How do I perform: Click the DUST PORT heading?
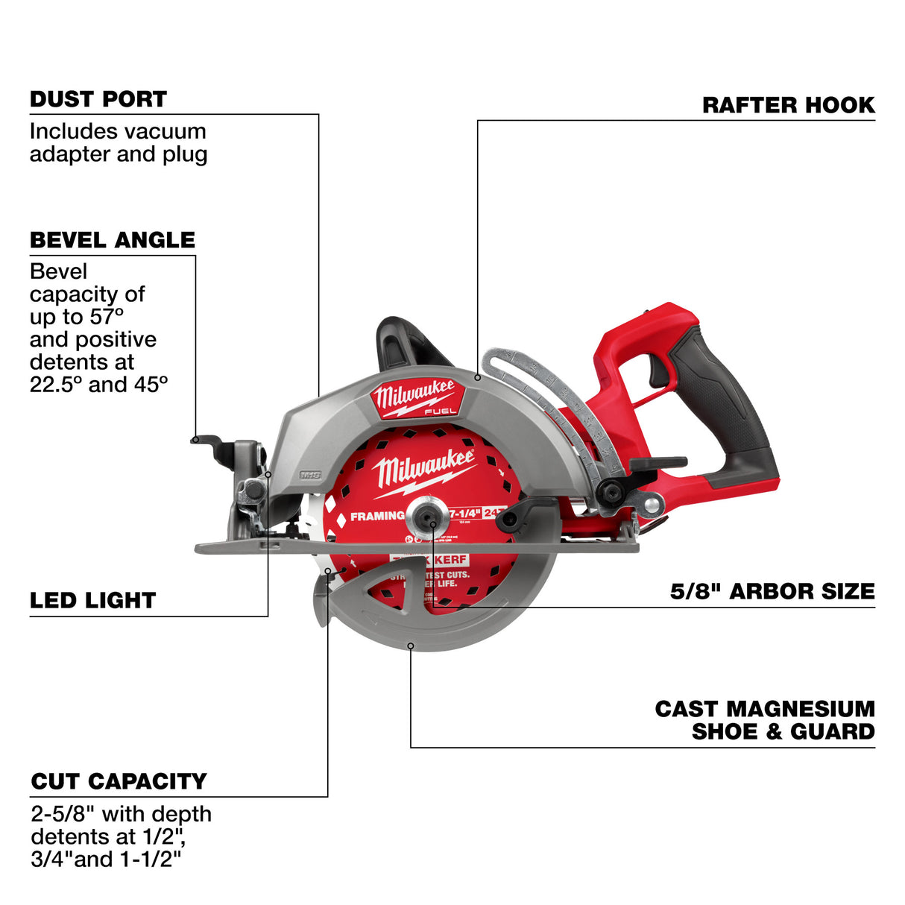click(x=98, y=99)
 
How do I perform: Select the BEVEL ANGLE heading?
click(x=112, y=240)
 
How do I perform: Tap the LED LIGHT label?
click(x=92, y=601)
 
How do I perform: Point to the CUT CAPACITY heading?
click(x=119, y=781)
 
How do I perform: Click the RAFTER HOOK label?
click(x=788, y=105)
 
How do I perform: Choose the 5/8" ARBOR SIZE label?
click(x=772, y=592)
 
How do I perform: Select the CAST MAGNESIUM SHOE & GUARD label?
click(x=765, y=720)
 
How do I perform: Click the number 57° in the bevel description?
click(x=104, y=317)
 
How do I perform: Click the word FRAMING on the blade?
click(x=377, y=516)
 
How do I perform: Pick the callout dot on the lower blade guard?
click(x=410, y=646)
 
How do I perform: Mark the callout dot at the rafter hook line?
click(x=477, y=378)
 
